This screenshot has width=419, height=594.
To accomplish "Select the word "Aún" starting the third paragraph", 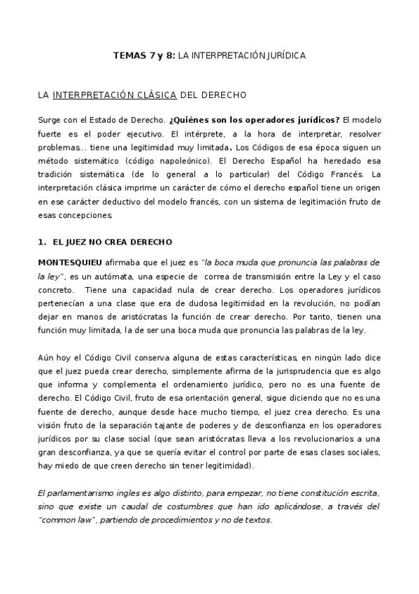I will tap(45, 357).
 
